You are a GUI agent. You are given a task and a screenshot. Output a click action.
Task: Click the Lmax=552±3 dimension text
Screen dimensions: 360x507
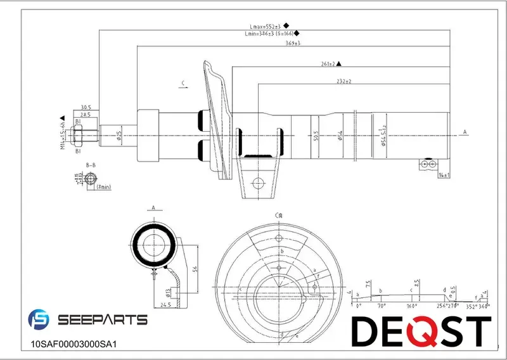pyautogui.click(x=264, y=25)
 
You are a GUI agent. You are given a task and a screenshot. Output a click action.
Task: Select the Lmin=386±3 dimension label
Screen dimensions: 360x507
pyautogui.click(x=269, y=33)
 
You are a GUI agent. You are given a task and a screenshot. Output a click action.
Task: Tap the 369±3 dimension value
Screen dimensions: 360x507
pyautogui.click(x=293, y=42)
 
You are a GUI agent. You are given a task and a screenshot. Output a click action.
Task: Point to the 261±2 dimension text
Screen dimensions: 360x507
pyautogui.click(x=328, y=64)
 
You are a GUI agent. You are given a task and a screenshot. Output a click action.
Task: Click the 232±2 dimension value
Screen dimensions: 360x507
pyautogui.click(x=344, y=82)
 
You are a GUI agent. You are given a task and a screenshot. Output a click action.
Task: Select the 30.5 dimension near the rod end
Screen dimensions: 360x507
pyautogui.click(x=86, y=107)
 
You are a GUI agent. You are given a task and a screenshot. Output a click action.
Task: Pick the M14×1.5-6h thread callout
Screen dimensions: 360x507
pyautogui.click(x=63, y=136)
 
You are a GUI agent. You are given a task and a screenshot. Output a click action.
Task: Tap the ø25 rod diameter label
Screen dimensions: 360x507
pyautogui.click(x=119, y=134)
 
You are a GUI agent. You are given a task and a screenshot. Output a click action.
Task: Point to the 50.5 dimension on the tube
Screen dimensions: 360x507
pyautogui.click(x=316, y=134)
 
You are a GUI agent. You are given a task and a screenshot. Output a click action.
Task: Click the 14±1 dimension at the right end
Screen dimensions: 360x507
pyautogui.click(x=443, y=174)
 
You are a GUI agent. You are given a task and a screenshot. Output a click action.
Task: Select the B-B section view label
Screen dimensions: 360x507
pyautogui.click(x=91, y=165)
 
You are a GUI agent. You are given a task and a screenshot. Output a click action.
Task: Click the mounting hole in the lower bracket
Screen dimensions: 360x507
pyautogui.click(x=257, y=184)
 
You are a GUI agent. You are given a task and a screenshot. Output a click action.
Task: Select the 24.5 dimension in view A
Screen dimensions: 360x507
pyautogui.click(x=166, y=304)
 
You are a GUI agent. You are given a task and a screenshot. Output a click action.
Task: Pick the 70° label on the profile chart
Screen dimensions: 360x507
pyautogui.click(x=382, y=305)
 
